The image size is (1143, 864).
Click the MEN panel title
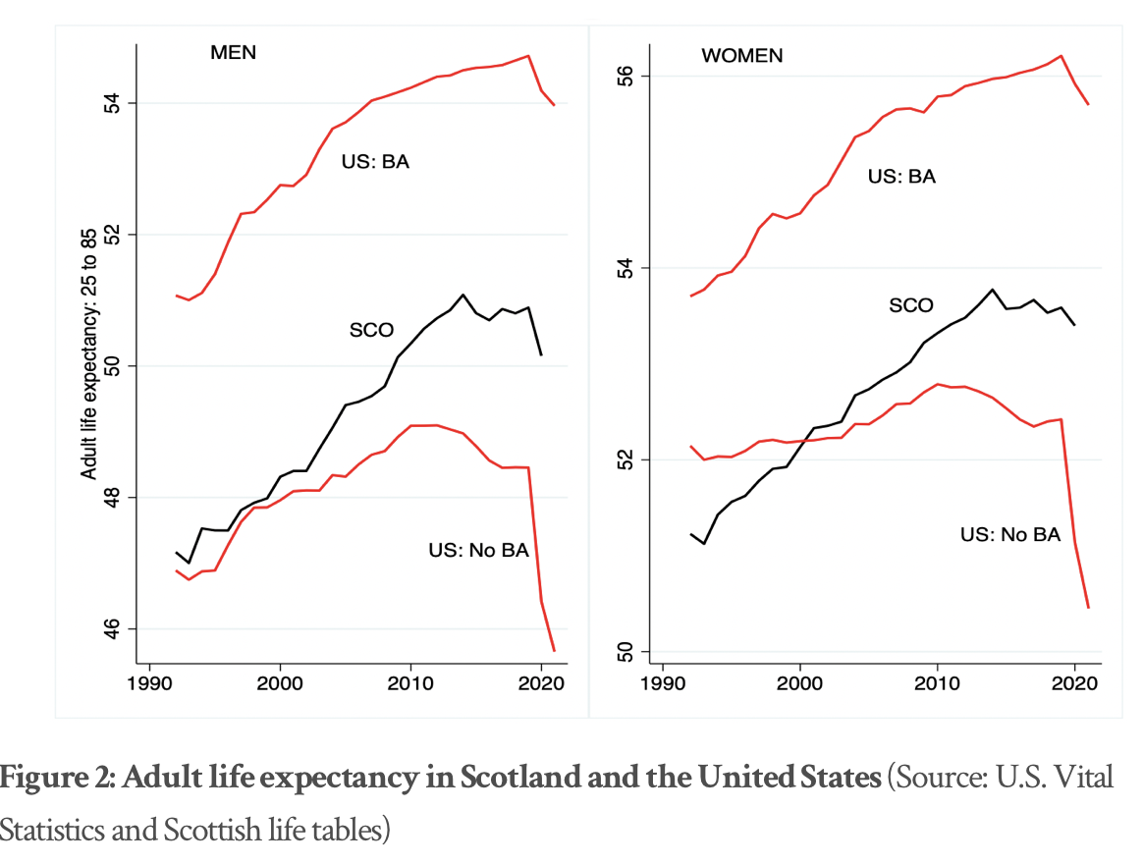233,53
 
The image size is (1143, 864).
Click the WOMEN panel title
741,56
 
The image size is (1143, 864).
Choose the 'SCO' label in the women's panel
910,305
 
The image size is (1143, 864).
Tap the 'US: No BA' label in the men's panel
478,550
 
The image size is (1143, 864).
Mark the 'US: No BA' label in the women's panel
1010,535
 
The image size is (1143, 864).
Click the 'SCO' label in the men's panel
371,331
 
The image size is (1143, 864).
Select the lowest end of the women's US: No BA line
1088,608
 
